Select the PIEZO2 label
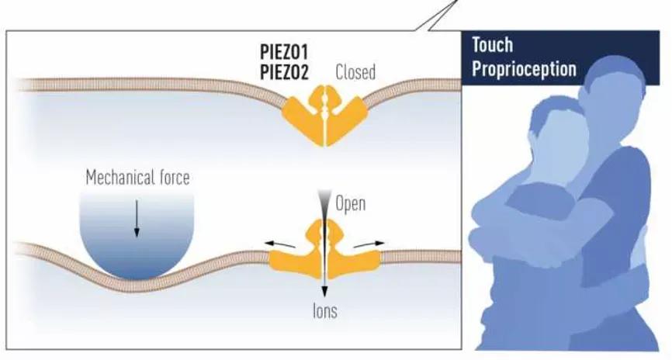(285, 74)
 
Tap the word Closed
(355, 73)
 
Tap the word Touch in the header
(492, 45)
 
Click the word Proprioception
(524, 68)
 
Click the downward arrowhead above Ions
(324, 292)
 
